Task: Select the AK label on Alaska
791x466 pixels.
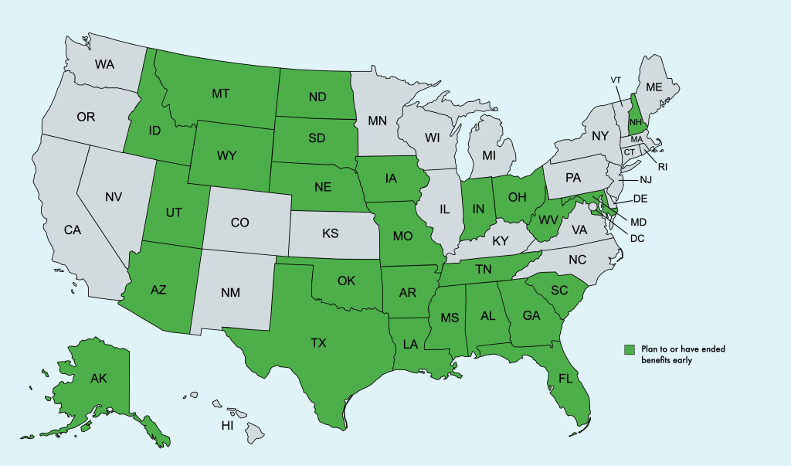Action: click(x=98, y=379)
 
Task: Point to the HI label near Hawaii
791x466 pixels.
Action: click(x=227, y=426)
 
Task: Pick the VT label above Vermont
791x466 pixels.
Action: click(x=616, y=80)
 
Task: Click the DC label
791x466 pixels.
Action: click(x=637, y=238)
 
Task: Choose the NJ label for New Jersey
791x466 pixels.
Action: click(x=647, y=180)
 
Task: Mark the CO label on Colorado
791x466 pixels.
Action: click(x=240, y=223)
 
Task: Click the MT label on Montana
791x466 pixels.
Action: click(x=221, y=94)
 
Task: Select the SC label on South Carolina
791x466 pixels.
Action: click(x=558, y=290)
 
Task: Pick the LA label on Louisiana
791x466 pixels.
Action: click(x=410, y=344)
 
